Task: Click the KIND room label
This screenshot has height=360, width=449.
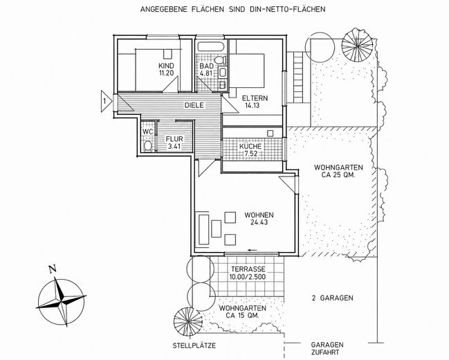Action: pos(166,66)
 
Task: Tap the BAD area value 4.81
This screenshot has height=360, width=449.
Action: pos(206,73)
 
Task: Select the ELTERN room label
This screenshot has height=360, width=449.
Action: pos(255,98)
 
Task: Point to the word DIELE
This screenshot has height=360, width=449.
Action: pos(194,105)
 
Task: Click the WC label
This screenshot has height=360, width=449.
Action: pos(148,132)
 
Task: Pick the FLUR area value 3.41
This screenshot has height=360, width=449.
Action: pos(175,147)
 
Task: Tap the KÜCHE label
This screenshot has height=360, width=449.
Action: pos(250,146)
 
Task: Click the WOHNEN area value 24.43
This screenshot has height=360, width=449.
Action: pos(259,222)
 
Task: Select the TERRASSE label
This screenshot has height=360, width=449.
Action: pos(248,269)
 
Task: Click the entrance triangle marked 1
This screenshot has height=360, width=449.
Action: pos(105,101)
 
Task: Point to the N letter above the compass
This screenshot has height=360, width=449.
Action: pos(52,269)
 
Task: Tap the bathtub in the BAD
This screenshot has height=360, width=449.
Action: pos(211,46)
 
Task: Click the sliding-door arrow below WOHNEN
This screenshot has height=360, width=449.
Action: pos(253,250)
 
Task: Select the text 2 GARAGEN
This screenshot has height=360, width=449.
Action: pos(333,298)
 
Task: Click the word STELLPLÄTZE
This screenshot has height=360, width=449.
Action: pos(194,345)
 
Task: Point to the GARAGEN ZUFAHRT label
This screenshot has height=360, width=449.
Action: pos(327,348)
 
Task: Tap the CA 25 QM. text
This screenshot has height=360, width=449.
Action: pos(338,174)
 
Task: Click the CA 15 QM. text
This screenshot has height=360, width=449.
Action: pos(243,316)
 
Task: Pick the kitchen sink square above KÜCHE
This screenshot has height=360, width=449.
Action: pos(270,134)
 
